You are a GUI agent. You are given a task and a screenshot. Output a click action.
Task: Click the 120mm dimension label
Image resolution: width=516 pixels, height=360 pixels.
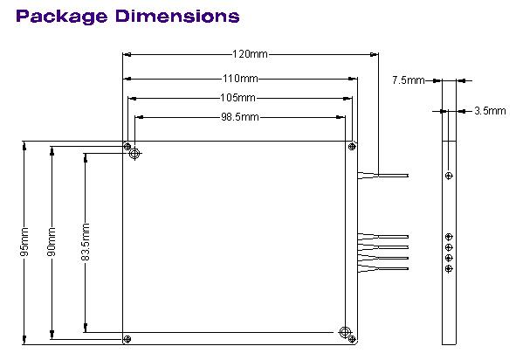(x=250, y=54)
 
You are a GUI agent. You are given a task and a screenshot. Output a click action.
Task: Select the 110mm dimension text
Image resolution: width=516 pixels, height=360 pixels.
(x=240, y=79)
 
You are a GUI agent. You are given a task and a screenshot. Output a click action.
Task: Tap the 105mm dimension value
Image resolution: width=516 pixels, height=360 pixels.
(x=237, y=98)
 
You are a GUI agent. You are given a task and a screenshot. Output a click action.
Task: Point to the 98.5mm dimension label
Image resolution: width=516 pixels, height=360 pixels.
(x=239, y=117)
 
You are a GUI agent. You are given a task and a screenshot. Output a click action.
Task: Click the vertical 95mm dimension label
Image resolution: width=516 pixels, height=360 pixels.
(x=24, y=242)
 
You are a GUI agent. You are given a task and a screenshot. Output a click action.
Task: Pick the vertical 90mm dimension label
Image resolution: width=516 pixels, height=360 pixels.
(x=52, y=242)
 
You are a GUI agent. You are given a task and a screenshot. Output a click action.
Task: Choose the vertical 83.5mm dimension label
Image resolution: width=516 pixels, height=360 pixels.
(x=86, y=242)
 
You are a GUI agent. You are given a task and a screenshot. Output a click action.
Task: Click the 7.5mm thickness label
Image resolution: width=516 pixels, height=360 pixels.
(x=408, y=80)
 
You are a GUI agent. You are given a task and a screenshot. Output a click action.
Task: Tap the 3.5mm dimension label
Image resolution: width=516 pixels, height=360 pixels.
(x=490, y=111)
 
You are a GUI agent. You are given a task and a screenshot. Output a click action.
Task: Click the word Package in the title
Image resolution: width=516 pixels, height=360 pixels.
(x=62, y=16)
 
